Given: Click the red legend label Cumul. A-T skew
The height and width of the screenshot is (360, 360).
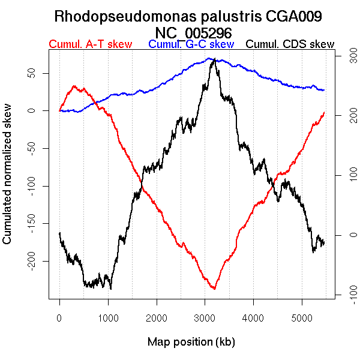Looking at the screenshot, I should point(90,44).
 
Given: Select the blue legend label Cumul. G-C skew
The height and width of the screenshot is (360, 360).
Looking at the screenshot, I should point(191,44).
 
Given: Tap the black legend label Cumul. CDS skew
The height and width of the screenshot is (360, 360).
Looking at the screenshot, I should point(290,44).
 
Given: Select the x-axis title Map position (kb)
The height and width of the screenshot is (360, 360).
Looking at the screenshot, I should point(191,342).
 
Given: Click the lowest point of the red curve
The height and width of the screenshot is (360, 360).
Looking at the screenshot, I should point(214,289).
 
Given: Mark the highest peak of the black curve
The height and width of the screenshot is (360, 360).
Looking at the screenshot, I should point(214,59).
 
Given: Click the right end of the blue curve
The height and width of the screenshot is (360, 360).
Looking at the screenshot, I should point(324,90).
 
